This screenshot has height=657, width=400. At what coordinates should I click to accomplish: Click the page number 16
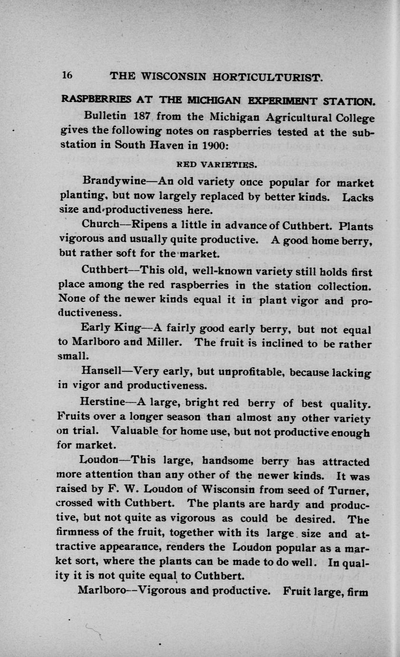click(66, 75)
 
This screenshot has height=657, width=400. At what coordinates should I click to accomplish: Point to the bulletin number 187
click(141, 116)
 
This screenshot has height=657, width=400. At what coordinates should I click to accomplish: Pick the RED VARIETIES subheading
click(217, 165)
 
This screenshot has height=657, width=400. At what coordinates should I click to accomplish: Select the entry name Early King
click(111, 328)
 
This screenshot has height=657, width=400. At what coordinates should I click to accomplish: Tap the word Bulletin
click(105, 116)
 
